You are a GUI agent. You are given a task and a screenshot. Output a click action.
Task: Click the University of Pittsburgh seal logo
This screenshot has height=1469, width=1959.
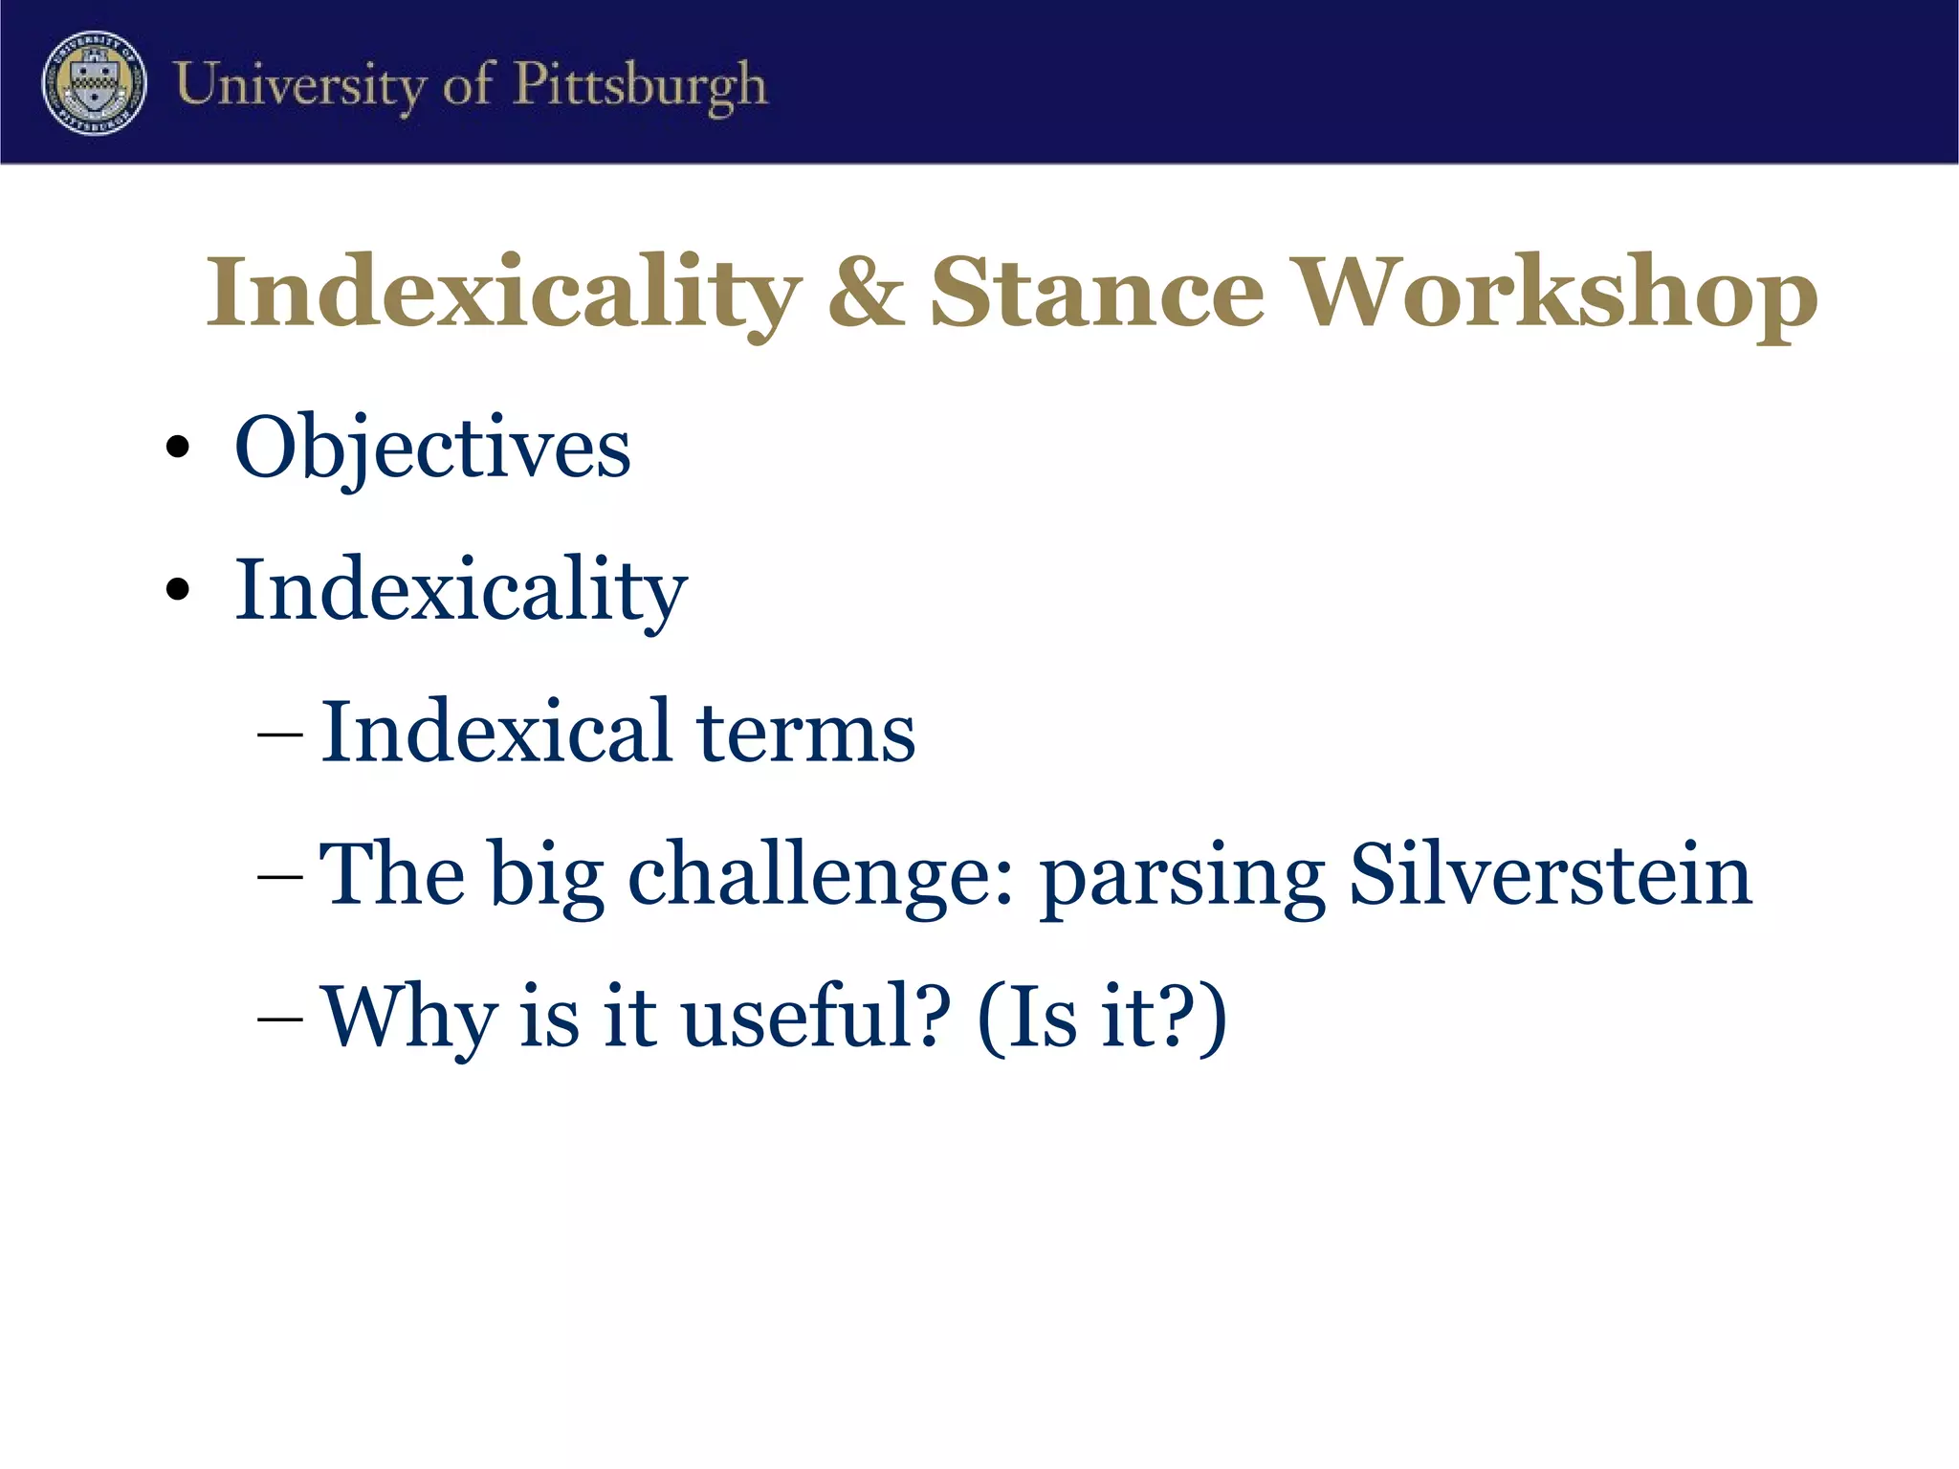(94, 82)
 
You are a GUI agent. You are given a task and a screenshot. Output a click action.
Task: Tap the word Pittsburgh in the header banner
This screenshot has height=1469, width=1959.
(640, 86)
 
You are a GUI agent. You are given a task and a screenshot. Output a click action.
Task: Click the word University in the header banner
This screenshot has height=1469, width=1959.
(300, 86)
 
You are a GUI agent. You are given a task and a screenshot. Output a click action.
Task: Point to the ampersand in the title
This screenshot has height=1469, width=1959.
(866, 292)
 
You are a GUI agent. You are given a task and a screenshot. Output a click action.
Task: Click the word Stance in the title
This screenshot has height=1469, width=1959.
(1097, 293)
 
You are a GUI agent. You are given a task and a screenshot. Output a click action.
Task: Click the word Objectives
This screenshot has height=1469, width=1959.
(432, 448)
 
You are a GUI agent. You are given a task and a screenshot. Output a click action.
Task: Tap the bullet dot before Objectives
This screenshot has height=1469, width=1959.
(177, 448)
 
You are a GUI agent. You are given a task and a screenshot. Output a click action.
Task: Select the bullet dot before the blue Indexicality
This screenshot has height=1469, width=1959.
(177, 588)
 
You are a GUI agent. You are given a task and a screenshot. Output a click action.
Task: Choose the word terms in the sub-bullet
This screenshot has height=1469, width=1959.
(805, 733)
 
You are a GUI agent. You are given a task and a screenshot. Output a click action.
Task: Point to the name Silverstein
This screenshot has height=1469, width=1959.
(1550, 874)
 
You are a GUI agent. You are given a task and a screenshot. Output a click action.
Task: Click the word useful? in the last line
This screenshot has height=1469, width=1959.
(817, 1016)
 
